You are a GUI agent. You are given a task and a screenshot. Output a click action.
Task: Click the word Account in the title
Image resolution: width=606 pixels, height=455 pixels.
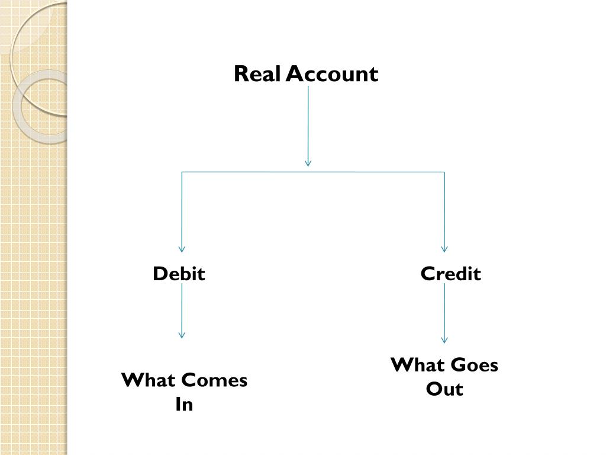click(x=332, y=75)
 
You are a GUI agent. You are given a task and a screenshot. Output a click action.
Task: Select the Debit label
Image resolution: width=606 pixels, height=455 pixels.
click(x=179, y=274)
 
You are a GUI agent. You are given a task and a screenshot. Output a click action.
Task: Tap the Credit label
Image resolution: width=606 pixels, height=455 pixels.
click(x=451, y=274)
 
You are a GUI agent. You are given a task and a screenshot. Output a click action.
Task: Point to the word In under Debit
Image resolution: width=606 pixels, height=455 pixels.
click(x=184, y=405)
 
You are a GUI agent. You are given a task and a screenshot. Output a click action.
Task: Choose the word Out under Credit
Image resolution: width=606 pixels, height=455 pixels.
click(x=444, y=389)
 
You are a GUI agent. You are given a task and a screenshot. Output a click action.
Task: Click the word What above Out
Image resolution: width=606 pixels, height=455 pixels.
click(x=418, y=365)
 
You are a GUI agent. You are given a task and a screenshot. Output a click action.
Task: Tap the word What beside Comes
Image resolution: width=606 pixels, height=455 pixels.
click(x=149, y=380)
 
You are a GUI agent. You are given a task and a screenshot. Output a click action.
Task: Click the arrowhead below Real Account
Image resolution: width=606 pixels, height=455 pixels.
click(x=308, y=162)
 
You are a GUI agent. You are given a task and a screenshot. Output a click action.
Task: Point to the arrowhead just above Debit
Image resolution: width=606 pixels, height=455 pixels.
click(x=182, y=249)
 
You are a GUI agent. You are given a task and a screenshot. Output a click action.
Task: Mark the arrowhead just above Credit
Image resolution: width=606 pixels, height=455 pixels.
click(x=444, y=249)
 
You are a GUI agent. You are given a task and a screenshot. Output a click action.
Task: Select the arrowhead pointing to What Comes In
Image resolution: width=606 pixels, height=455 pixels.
click(x=182, y=335)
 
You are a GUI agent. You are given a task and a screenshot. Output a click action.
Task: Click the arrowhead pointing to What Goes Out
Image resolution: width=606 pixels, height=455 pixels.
click(x=444, y=339)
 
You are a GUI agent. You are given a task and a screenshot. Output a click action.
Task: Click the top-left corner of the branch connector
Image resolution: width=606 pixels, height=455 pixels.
click(x=182, y=172)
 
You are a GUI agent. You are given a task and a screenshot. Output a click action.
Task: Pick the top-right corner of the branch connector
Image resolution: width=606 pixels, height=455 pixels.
click(x=444, y=172)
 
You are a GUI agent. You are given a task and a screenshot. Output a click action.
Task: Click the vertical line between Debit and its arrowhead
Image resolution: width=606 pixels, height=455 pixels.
click(x=182, y=308)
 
